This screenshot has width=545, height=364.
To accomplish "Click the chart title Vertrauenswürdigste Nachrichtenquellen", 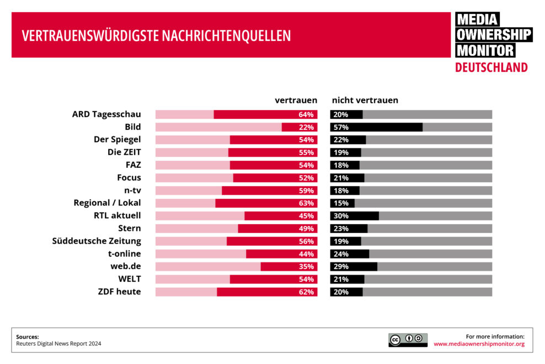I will [156, 36].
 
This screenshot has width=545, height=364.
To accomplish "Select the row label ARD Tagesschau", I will [106, 114].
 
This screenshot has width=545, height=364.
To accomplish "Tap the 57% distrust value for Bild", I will [340, 127].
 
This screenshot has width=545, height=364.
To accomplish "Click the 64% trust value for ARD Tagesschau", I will [306, 114].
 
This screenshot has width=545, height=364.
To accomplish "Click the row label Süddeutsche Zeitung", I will [97, 241].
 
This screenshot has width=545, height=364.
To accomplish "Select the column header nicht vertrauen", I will [365, 100].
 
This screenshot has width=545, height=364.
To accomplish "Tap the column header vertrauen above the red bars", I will [296, 100].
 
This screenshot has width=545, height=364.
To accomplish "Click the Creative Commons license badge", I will [408, 340].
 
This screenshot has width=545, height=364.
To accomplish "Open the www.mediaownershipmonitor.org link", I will [479, 344].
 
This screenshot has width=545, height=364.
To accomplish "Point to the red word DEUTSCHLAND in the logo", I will [491, 67].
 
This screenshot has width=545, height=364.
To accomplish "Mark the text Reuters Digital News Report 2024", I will [58, 344].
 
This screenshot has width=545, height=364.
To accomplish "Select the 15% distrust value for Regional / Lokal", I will [340, 203].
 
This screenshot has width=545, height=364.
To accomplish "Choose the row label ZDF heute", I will [119, 292].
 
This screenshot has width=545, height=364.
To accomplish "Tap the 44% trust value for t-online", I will [306, 254].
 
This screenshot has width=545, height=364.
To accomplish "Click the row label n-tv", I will [130, 191].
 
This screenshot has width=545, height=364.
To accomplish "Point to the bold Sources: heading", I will [28, 336].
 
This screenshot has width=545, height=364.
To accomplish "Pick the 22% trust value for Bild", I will [306, 127].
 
